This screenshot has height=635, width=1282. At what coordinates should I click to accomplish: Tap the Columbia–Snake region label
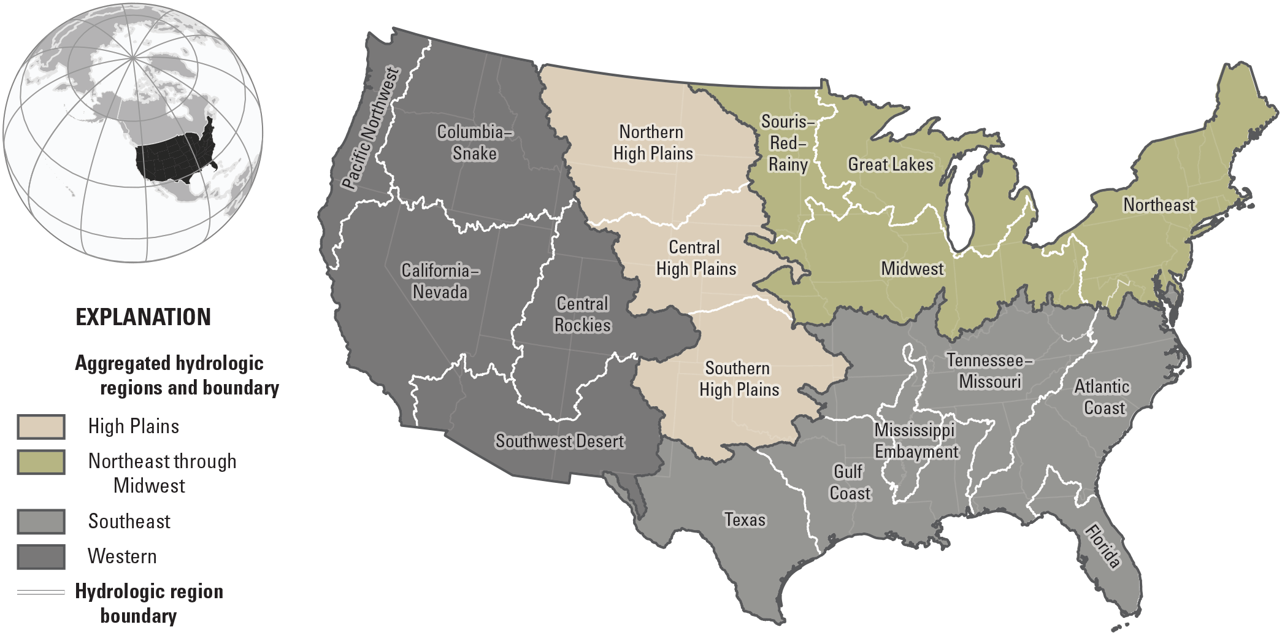474,142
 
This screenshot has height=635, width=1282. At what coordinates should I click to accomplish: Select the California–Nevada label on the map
440,281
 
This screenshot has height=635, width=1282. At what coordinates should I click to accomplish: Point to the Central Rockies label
582,314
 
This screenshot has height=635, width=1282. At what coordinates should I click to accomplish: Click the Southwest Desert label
559,441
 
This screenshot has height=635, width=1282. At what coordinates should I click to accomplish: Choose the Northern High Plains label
653,142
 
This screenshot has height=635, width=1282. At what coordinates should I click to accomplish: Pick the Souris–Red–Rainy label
788,143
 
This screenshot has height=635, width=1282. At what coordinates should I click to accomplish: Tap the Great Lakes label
890,164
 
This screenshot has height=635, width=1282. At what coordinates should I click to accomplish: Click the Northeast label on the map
1159,205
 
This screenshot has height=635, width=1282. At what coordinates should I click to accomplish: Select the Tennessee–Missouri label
989,371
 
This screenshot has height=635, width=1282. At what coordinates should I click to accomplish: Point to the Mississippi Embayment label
916,441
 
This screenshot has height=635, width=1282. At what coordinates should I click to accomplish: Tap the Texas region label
745,520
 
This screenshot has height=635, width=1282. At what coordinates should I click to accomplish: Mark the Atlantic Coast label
1103,397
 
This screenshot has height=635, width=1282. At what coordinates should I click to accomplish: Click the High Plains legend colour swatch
41,427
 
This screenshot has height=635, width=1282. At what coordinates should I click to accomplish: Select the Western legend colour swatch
41,556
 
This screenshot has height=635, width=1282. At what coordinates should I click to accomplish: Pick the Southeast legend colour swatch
41,521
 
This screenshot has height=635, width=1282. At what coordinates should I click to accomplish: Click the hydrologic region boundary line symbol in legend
41,592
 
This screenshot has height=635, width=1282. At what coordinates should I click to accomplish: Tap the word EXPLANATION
143,317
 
